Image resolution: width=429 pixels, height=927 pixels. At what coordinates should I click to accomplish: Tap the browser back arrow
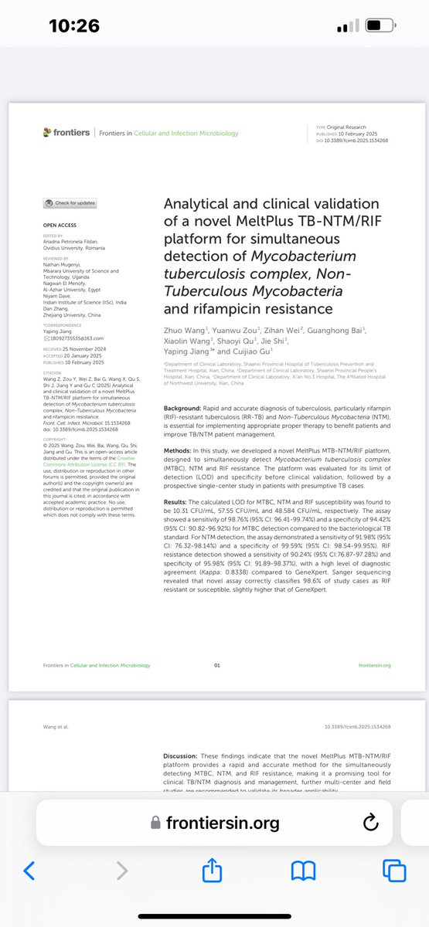point(29,871)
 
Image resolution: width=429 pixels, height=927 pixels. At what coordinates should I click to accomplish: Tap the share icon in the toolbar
point(212,871)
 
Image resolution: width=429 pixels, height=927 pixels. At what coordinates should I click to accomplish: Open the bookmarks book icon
point(303,871)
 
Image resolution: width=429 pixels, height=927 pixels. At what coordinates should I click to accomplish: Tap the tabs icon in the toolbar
point(394,871)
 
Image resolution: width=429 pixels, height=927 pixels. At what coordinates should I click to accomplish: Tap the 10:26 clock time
point(73,25)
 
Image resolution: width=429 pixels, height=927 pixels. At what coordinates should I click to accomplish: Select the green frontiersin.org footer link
point(375,664)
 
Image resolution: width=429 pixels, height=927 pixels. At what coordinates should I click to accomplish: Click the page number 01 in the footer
point(217,664)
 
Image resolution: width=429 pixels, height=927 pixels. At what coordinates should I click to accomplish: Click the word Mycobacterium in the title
point(325,256)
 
